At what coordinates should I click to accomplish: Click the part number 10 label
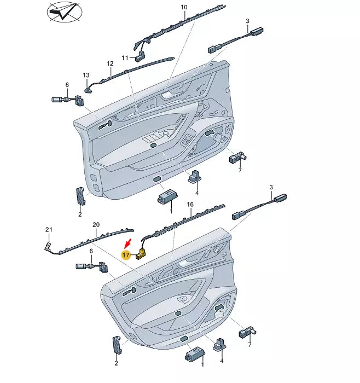pyautogui.click(x=184, y=7)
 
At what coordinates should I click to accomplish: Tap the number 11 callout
pyautogui.click(x=125, y=58)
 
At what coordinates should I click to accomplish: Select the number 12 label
pyautogui.click(x=109, y=63)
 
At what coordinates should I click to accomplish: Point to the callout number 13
pyautogui.click(x=85, y=74)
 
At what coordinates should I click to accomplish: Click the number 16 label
pyautogui.click(x=190, y=204)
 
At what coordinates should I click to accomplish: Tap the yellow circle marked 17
pyautogui.click(x=126, y=255)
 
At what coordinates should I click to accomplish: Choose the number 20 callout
pyautogui.click(x=96, y=225)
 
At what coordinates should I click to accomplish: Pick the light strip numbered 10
pyautogui.click(x=181, y=27)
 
